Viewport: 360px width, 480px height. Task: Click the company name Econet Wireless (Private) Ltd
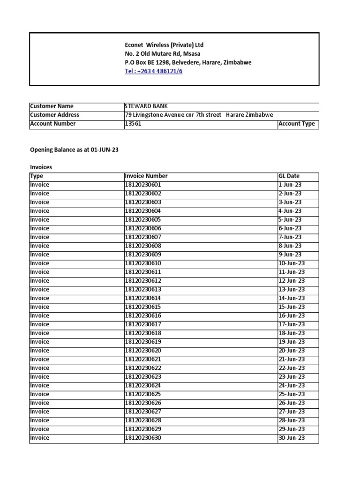(164, 45)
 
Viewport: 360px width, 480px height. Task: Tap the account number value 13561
(133, 124)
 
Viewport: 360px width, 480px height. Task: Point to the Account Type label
(296, 124)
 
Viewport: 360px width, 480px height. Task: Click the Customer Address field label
(54, 115)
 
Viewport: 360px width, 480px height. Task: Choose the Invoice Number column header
(146, 176)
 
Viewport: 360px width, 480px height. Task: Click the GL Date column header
(289, 176)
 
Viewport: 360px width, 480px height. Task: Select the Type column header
(36, 176)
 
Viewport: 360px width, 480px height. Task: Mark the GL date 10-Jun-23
(291, 263)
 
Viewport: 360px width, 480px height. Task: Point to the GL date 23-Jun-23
(291, 377)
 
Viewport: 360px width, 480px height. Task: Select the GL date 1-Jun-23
(290, 185)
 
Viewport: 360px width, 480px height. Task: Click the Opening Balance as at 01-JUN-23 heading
(77, 150)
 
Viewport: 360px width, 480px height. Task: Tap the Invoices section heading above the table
(41, 166)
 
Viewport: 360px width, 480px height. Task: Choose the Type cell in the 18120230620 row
(39, 351)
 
